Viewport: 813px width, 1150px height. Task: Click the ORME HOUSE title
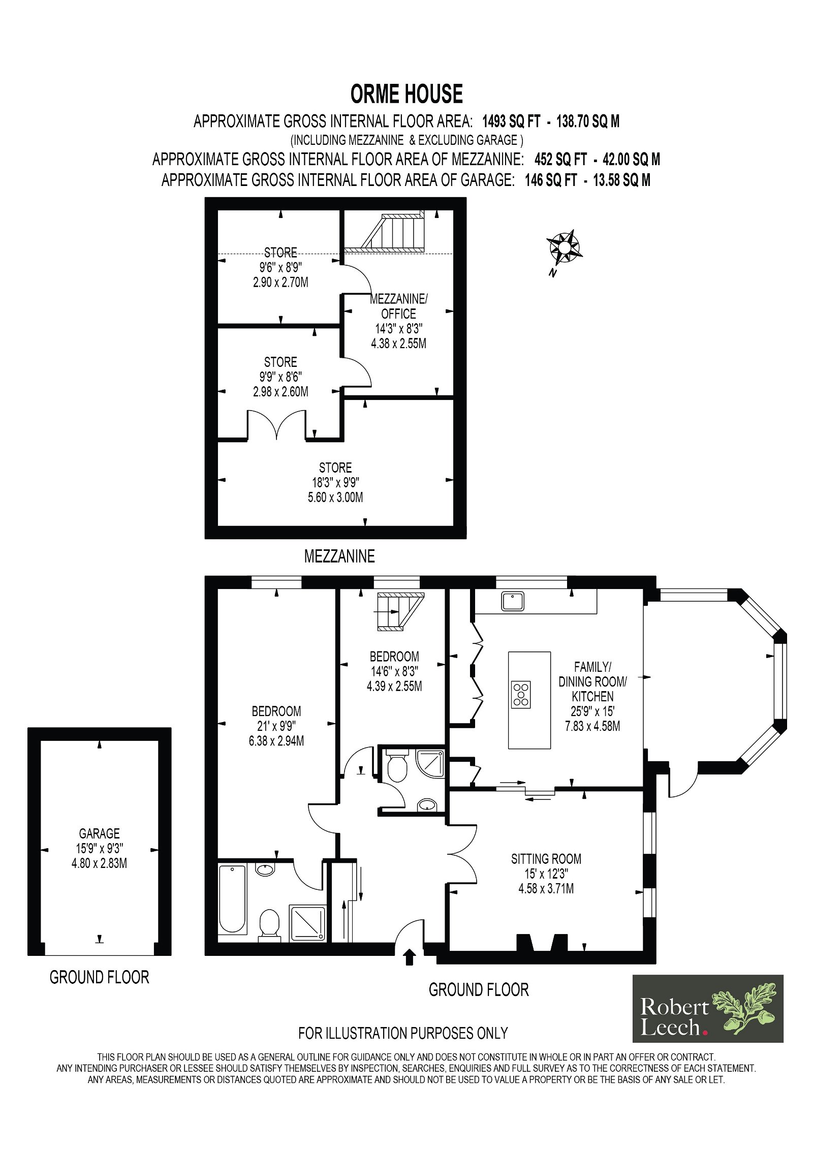click(407, 94)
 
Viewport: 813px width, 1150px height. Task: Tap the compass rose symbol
click(564, 247)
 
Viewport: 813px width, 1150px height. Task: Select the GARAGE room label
click(99, 833)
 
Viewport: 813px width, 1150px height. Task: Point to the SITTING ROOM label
click(546, 859)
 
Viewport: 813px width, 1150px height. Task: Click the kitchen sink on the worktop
click(513, 601)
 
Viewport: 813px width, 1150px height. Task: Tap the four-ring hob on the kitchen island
click(521, 694)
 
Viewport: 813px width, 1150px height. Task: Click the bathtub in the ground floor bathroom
click(232, 899)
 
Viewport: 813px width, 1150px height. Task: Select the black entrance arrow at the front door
click(410, 957)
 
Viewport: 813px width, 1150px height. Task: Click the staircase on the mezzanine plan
click(392, 233)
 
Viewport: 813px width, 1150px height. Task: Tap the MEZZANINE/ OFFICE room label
click(398, 306)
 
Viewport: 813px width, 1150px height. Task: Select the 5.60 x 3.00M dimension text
click(335, 497)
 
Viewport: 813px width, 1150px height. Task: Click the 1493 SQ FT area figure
click(511, 121)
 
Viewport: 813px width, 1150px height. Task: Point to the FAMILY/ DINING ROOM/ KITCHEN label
click(592, 681)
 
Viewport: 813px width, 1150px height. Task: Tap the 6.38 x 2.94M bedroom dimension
click(276, 741)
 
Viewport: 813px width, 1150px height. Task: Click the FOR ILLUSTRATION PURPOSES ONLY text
click(403, 1033)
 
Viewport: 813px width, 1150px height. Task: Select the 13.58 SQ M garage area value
click(621, 180)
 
